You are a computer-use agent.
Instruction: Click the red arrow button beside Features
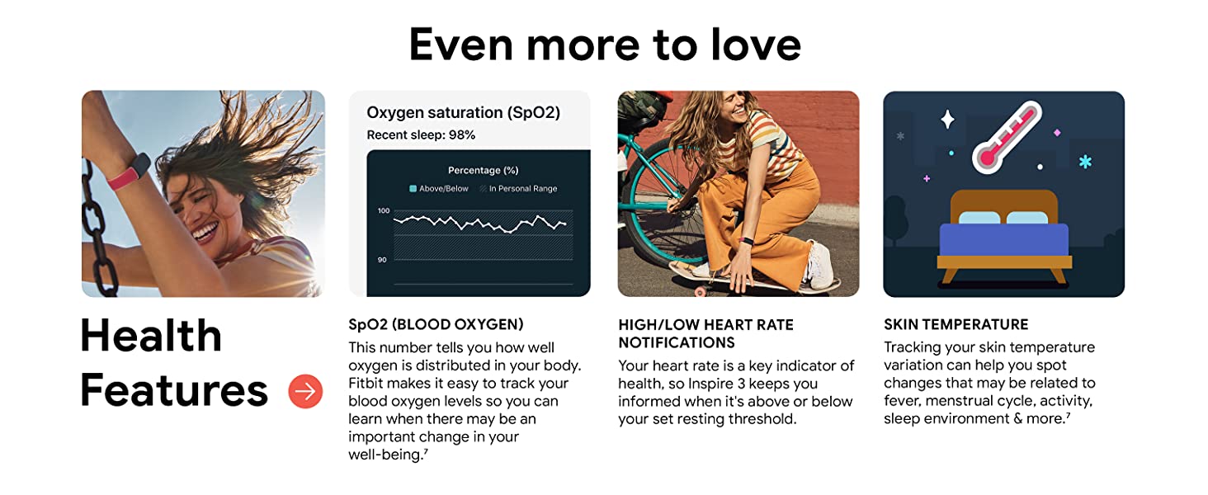tap(305, 391)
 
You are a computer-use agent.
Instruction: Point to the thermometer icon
tap(1006, 136)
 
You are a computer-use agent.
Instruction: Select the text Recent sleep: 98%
tap(421, 135)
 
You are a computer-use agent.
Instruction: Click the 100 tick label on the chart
tap(383, 211)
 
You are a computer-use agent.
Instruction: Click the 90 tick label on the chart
tap(382, 260)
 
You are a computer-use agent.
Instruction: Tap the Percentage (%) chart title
tap(483, 170)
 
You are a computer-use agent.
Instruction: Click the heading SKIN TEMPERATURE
tap(956, 324)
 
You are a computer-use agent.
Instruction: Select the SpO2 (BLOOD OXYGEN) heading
tap(436, 324)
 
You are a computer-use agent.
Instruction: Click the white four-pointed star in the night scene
tap(947, 120)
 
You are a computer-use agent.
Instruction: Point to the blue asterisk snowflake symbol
tap(1085, 161)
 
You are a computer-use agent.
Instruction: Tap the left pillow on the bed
tap(978, 219)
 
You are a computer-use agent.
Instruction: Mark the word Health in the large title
tap(151, 336)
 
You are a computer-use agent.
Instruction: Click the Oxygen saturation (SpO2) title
tap(463, 112)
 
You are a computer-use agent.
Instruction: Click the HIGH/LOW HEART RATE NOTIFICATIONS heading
tap(705, 333)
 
